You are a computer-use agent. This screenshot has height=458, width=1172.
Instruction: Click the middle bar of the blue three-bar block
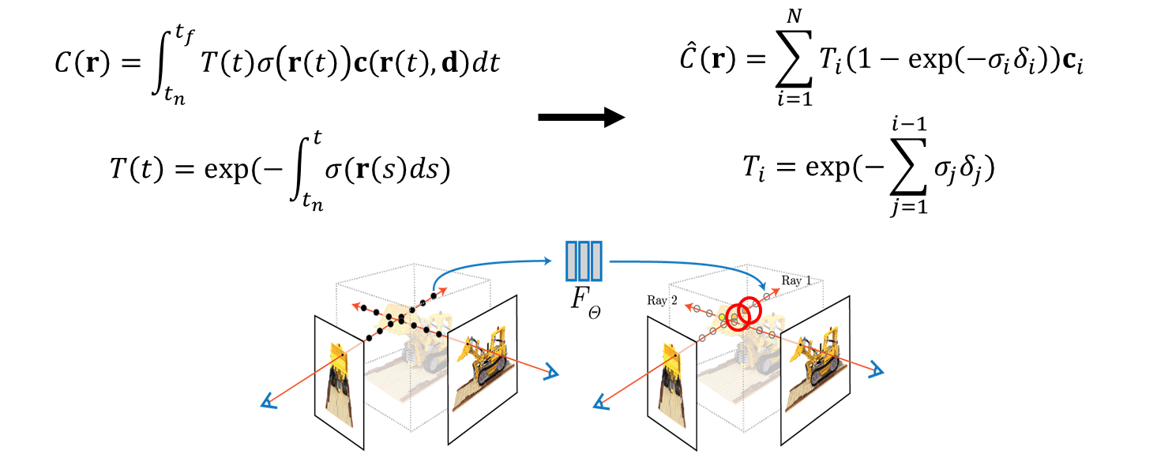tap(584, 261)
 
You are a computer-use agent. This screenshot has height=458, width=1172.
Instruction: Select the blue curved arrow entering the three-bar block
tap(482, 264)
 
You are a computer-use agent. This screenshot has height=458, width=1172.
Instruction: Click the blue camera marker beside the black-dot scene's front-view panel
tap(269, 403)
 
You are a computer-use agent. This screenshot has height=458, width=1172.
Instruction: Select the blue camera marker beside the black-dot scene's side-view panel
tap(550, 373)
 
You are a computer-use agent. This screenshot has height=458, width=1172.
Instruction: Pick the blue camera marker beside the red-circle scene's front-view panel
tap(602, 404)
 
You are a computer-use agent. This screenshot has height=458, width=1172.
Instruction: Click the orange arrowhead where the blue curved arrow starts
tap(441, 291)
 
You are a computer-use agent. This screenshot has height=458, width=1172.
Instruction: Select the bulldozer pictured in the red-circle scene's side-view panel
tap(817, 355)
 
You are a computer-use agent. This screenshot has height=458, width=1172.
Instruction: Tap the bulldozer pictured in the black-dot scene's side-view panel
tap(484, 355)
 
